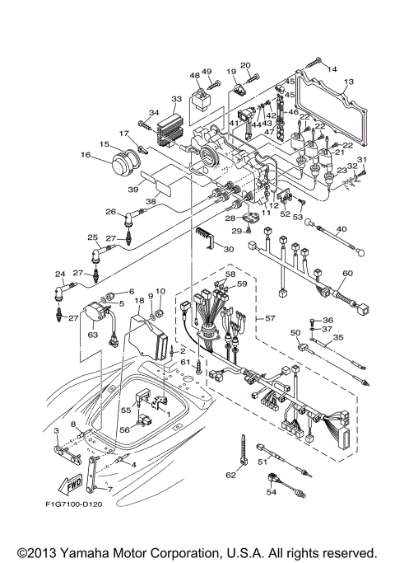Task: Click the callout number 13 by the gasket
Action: (349, 82)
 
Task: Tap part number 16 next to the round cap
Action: (85, 154)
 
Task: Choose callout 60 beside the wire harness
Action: (347, 273)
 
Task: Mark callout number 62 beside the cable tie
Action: (230, 475)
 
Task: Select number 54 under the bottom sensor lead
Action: (271, 492)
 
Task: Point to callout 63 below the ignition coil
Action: (93, 335)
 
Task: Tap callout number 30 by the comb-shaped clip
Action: (229, 248)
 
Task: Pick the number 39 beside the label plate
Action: (134, 189)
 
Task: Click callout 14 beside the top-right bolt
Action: (332, 70)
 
